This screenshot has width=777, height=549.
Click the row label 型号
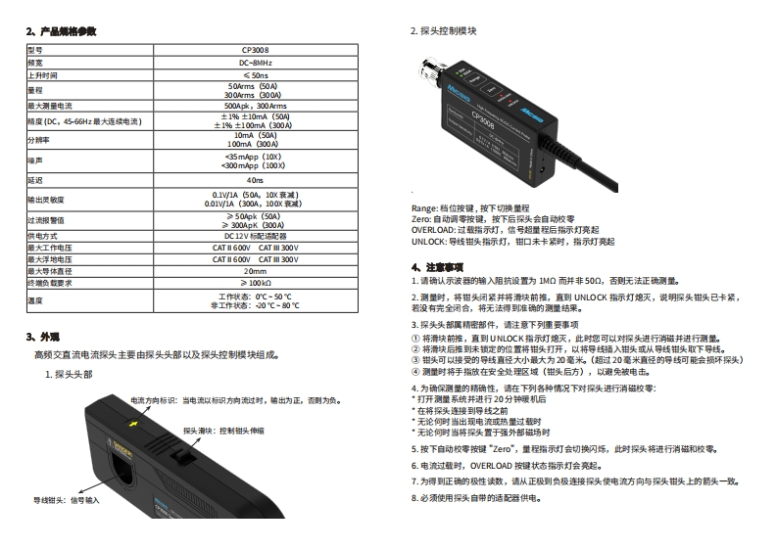34,49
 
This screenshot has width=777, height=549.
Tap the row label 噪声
34,160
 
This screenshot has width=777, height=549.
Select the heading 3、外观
45,336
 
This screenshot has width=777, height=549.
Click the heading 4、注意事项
436,266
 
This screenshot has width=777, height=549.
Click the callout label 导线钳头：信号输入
66,499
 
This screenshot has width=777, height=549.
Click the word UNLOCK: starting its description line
428,241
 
